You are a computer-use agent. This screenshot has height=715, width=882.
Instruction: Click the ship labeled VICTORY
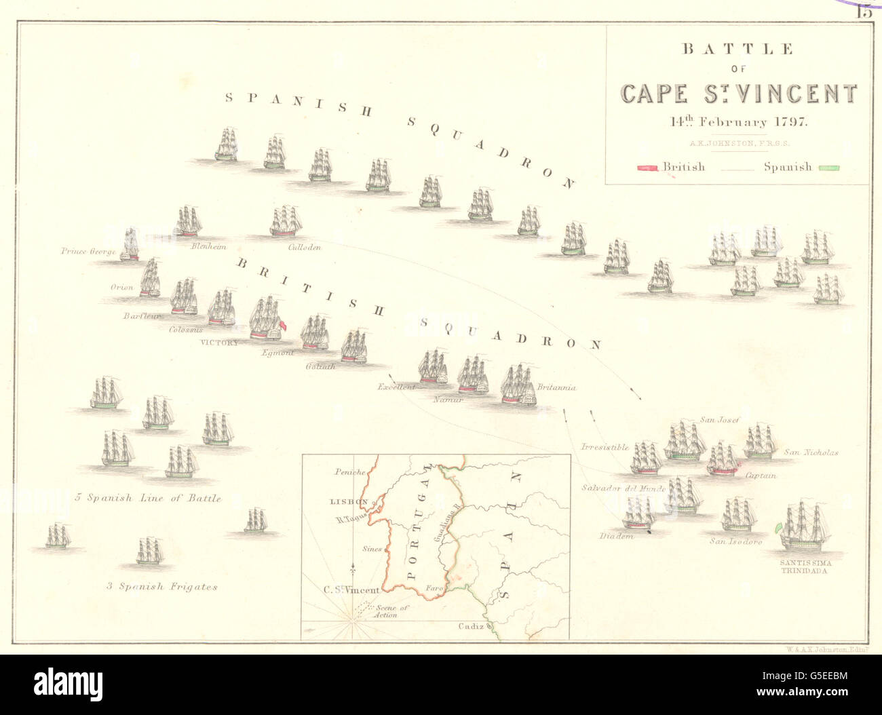[x=266, y=320]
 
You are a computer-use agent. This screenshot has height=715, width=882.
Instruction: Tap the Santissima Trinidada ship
[x=804, y=527]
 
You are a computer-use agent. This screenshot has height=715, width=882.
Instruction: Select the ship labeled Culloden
[x=286, y=222]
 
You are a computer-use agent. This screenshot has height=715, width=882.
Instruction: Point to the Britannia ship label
[x=556, y=387]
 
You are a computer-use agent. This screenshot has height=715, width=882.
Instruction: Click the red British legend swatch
[x=648, y=168]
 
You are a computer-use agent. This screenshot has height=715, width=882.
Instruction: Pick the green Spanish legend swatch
[x=829, y=168]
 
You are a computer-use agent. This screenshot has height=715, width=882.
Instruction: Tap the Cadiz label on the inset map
[x=470, y=626]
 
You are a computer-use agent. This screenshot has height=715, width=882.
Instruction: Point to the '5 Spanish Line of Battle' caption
[x=148, y=498]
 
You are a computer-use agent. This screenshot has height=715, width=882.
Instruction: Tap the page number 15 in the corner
[x=864, y=11]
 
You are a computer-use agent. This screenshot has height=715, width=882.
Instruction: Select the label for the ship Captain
[x=761, y=476]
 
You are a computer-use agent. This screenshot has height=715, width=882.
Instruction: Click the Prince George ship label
[x=88, y=252]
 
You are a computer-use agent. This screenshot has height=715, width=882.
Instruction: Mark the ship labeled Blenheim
[x=189, y=222]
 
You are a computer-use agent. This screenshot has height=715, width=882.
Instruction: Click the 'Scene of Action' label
[x=391, y=611]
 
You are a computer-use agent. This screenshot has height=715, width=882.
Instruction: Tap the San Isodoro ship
[x=737, y=516]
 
